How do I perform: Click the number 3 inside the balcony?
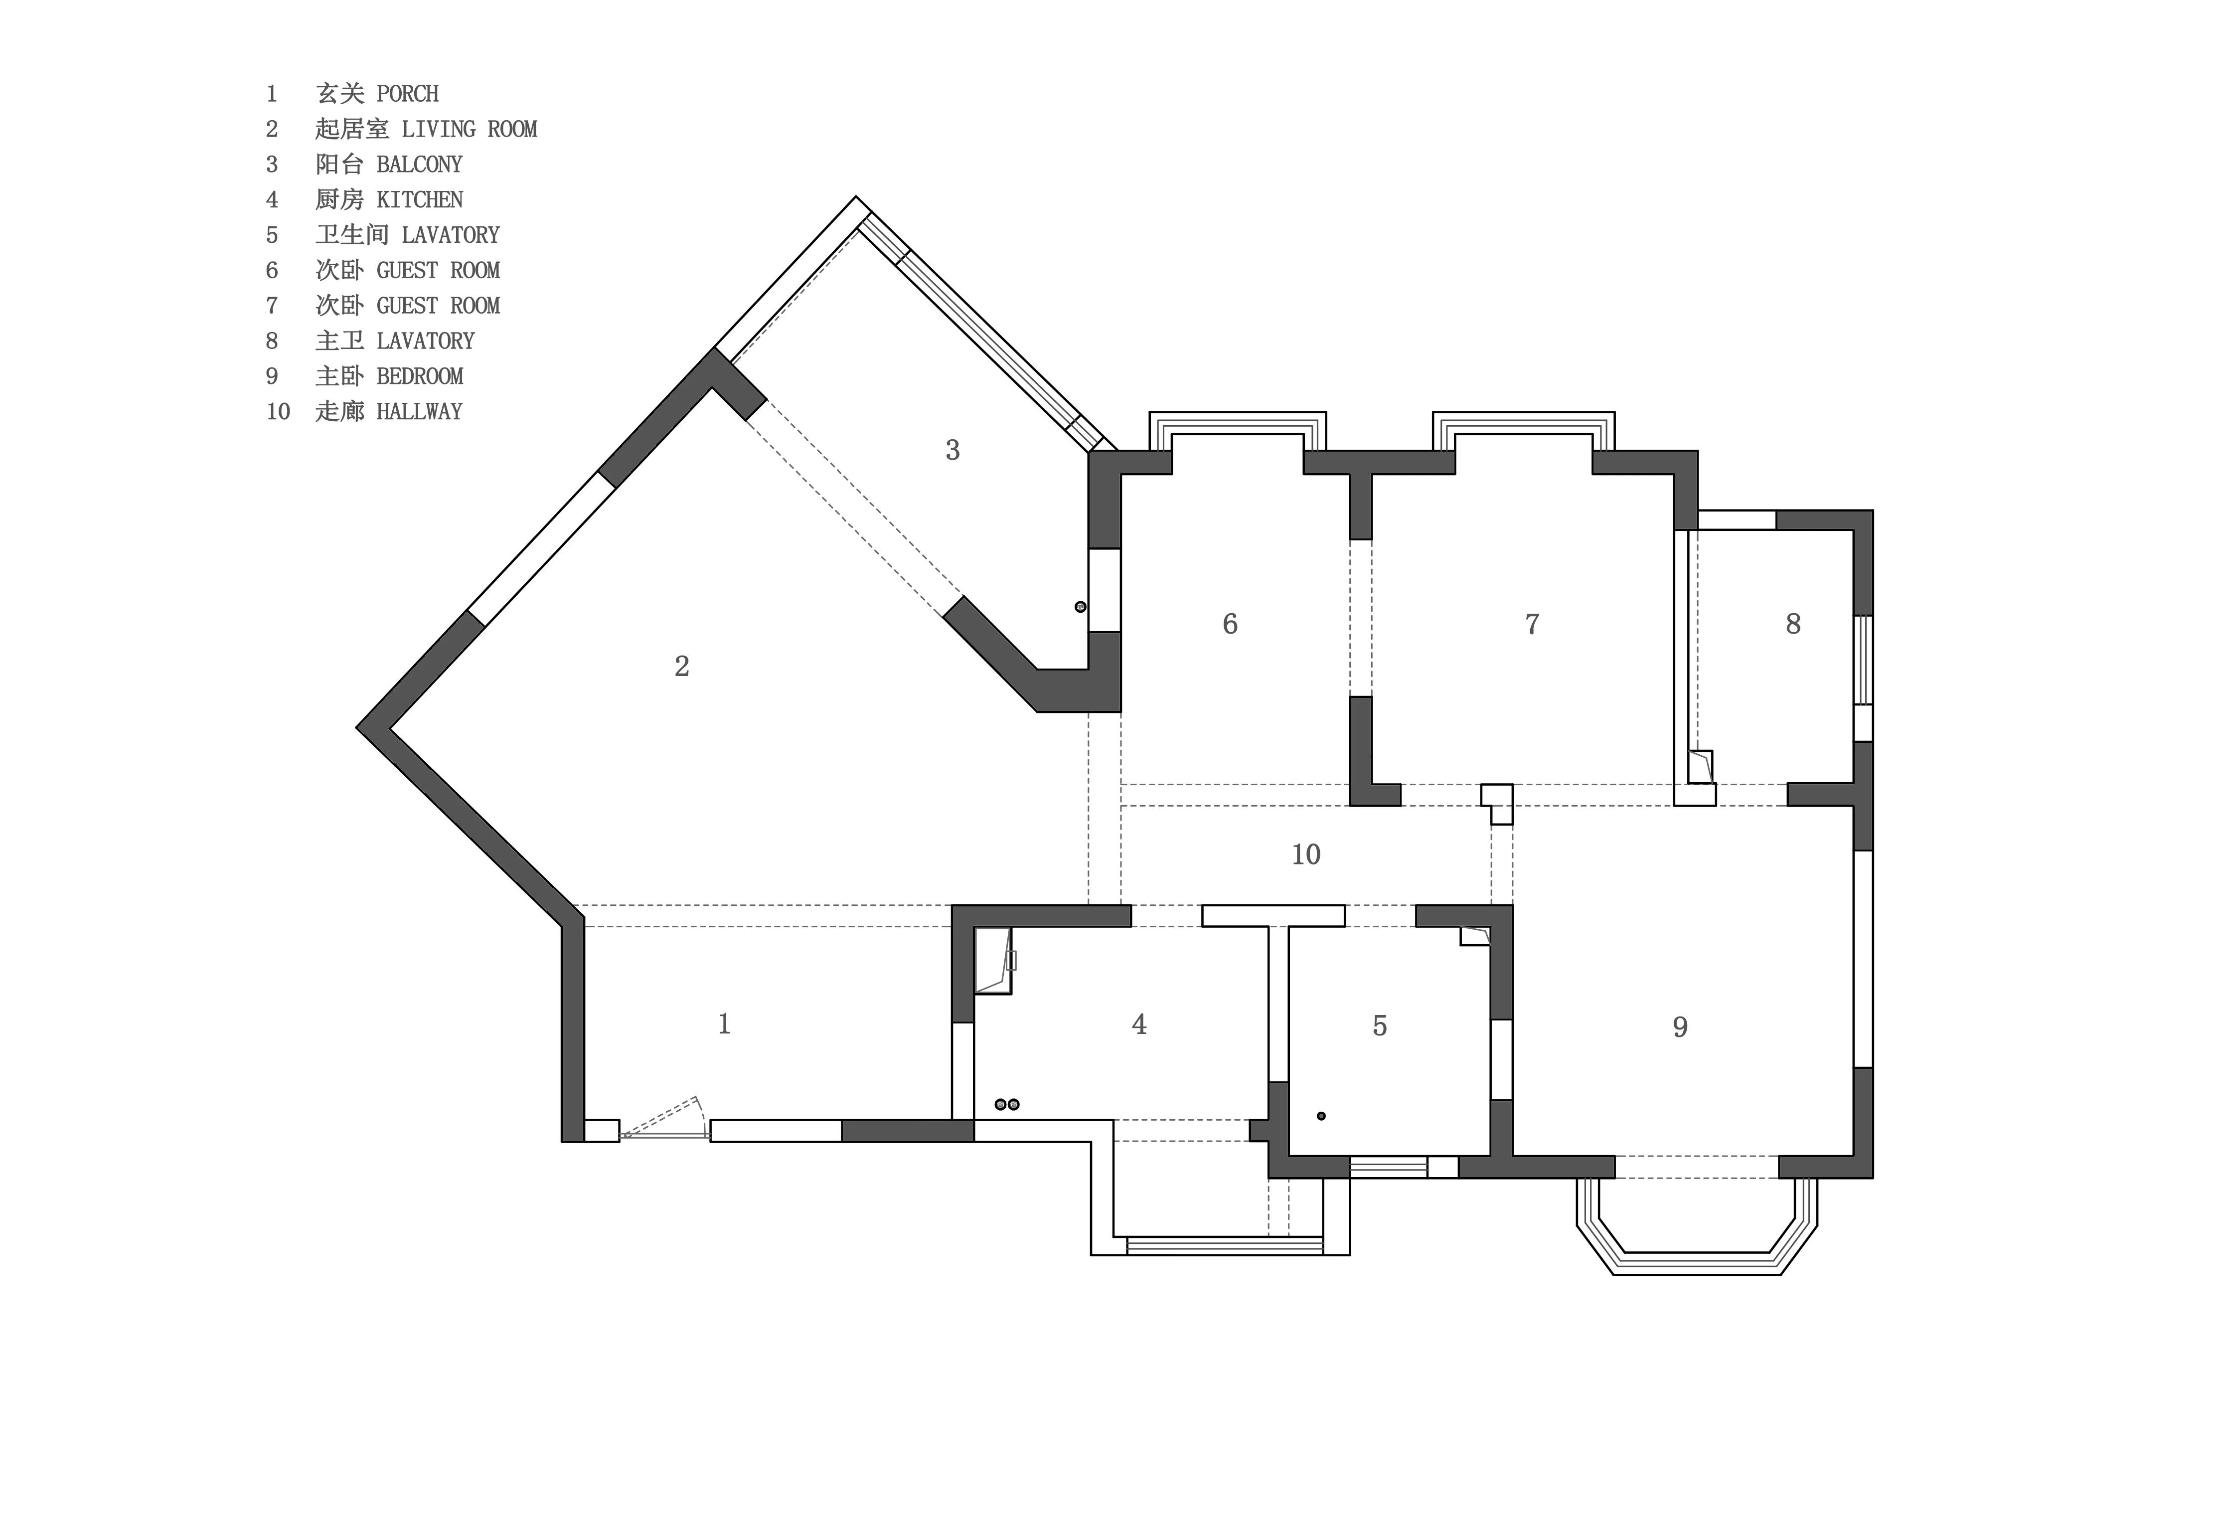tap(953, 450)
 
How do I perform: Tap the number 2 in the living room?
tap(681, 667)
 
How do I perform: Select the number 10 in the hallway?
tap(1306, 855)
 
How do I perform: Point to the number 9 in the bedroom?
tap(1680, 1027)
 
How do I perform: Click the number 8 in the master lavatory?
tap(1793, 624)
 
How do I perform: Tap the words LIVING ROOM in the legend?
tap(470, 129)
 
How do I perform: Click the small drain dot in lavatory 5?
tap(1322, 1116)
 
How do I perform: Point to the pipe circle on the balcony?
tap(1081, 607)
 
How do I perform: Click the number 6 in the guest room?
tap(1230, 624)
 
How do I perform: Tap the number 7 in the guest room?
tap(1532, 624)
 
